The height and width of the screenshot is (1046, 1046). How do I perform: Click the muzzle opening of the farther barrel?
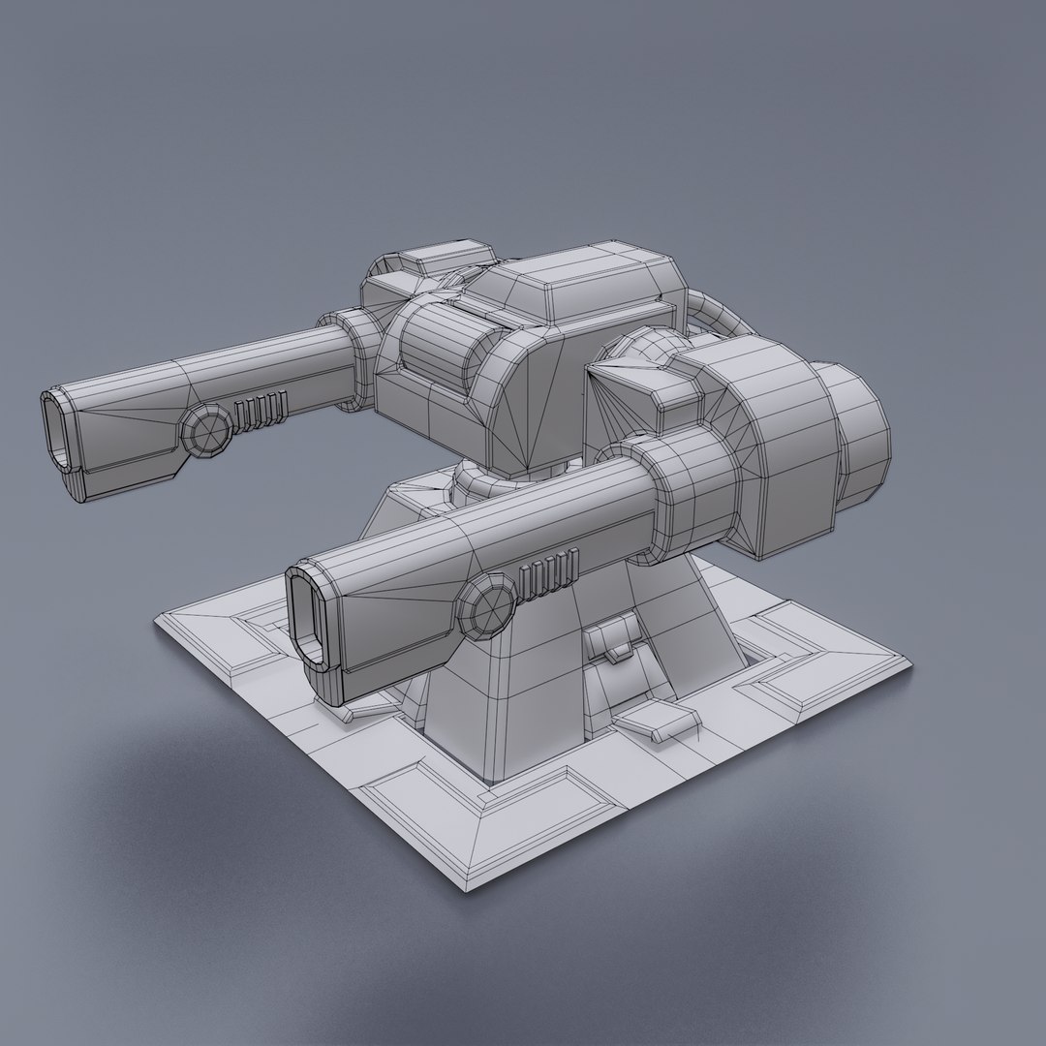[58, 431]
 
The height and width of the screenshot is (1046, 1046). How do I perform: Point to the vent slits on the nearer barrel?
[549, 573]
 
